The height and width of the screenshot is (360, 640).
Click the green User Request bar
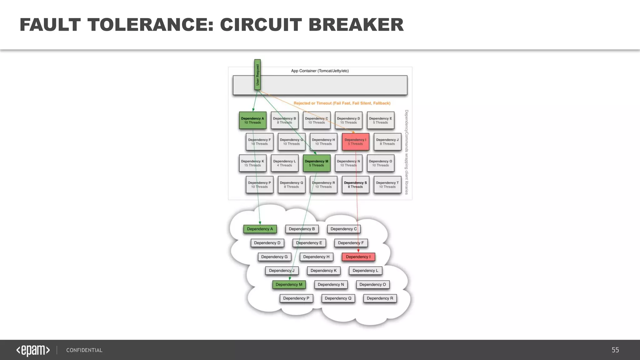pos(257,75)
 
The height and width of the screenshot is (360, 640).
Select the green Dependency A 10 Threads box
pos(253,120)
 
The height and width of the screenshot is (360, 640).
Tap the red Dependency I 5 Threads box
pos(356,142)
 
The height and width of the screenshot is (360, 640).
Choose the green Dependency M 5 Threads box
pos(317,163)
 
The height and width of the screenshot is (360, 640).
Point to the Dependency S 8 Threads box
pos(356,185)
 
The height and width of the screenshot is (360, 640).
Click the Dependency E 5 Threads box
pos(381,120)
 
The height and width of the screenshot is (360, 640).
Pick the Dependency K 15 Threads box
pos(253,163)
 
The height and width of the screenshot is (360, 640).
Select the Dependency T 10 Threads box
pos(387,185)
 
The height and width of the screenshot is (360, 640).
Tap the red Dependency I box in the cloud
pos(358,257)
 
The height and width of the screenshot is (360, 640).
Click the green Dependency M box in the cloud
pos(289,285)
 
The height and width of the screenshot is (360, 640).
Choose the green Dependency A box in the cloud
pos(260,229)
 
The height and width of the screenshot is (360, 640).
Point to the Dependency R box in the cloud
pos(380,298)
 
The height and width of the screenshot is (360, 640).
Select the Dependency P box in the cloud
pos(296,298)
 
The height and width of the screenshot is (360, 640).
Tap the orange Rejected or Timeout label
pos(342,103)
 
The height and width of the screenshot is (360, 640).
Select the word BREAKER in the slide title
pos(356,25)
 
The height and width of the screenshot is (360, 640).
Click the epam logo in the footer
pos(33,350)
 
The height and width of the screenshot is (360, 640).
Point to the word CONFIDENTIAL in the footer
pos(84,350)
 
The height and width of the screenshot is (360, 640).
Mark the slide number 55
pos(615,350)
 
